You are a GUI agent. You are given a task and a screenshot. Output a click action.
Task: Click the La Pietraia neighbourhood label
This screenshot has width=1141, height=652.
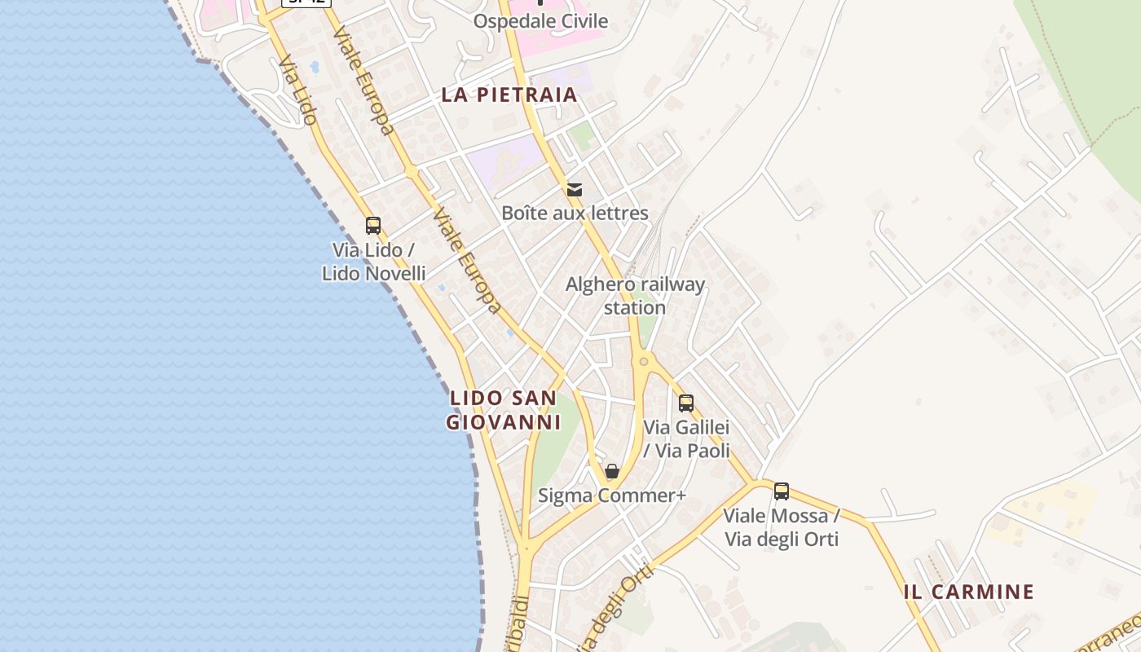click(x=509, y=95)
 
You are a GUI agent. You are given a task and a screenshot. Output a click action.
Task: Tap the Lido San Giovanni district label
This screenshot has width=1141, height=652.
click(x=503, y=411)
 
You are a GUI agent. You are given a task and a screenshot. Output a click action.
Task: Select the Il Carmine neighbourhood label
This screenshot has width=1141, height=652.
click(x=968, y=592)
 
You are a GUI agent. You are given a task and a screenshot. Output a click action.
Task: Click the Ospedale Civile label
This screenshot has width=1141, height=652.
click(x=540, y=21)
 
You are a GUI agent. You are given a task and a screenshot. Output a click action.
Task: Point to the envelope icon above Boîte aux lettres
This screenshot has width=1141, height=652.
click(x=575, y=190)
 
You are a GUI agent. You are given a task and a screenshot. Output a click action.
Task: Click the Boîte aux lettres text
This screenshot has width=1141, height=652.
click(x=575, y=214)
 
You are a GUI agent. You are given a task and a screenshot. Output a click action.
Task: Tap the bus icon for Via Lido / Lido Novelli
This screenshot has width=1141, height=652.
click(x=373, y=226)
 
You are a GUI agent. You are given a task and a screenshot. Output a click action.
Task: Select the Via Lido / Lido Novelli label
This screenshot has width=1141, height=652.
click(x=373, y=262)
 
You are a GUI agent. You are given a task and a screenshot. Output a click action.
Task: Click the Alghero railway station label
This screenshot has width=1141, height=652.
click(x=635, y=296)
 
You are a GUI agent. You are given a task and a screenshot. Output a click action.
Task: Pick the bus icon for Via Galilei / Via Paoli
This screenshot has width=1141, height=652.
click(x=686, y=403)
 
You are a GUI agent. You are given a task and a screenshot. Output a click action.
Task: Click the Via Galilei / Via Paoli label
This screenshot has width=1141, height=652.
click(x=686, y=438)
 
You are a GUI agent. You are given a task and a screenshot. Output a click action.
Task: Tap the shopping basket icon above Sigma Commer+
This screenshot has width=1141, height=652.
click(x=612, y=472)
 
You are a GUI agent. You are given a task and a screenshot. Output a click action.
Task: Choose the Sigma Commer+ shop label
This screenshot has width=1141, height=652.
click(x=612, y=496)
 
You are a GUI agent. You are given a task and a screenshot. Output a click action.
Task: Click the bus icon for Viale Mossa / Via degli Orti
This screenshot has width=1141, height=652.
click(x=782, y=491)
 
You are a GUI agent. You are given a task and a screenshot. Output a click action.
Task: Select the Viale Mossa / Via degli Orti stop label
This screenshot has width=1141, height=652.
click(x=782, y=527)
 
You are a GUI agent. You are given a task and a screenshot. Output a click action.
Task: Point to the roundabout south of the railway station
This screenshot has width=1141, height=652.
click(x=644, y=361)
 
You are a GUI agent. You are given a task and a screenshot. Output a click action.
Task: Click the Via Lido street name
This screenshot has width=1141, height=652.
click(x=297, y=90)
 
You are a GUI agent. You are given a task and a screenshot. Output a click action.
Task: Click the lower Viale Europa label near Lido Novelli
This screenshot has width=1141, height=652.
click(x=466, y=259)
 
